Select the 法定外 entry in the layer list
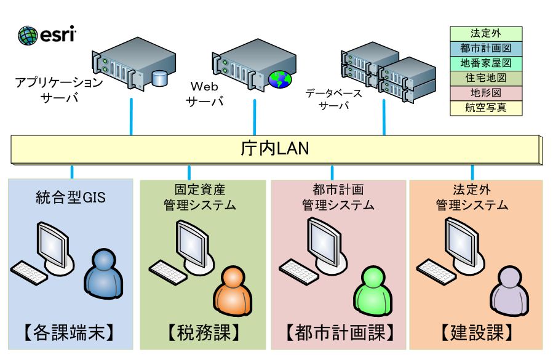pyautogui.click(x=485, y=33)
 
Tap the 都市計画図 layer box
pyautogui.click(x=485, y=48)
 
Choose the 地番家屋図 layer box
pyautogui.click(x=485, y=63)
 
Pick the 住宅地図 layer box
pyautogui.click(x=485, y=78)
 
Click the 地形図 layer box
pyautogui.click(x=485, y=93)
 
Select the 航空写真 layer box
pyautogui.click(x=485, y=108)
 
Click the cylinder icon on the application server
pyautogui.click(x=160, y=78)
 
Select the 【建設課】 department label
pyautogui.click(x=476, y=333)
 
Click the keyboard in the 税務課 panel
pyautogui.click(x=168, y=270)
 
